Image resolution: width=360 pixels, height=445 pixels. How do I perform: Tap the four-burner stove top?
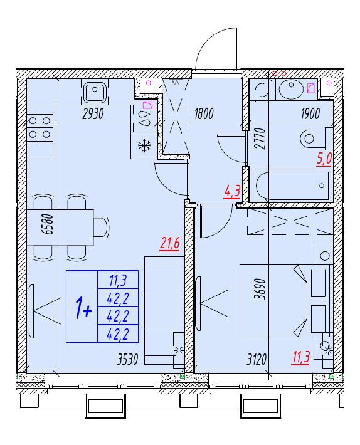tap(40, 128)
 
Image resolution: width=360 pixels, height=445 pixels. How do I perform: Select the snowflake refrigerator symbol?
tap(144, 145)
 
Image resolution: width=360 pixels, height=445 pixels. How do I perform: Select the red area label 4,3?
tap(232, 192)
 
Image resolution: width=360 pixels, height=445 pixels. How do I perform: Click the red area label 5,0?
tap(324, 159)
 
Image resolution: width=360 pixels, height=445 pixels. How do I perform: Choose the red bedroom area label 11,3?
tap(301, 357)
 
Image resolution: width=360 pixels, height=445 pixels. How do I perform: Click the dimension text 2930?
tap(93, 114)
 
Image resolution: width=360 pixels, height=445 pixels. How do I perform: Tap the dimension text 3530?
tap(127, 360)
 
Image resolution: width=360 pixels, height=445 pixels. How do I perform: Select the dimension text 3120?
tap(257, 360)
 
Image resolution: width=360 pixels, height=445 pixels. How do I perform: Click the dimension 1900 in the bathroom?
tap(310, 114)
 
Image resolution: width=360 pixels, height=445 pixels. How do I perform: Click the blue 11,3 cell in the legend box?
tap(118, 281)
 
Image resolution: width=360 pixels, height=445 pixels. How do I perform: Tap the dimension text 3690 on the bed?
tap(260, 289)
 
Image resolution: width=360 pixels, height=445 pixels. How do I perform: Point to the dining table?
tap(60, 228)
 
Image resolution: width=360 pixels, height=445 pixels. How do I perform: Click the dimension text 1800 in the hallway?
tap(204, 114)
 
